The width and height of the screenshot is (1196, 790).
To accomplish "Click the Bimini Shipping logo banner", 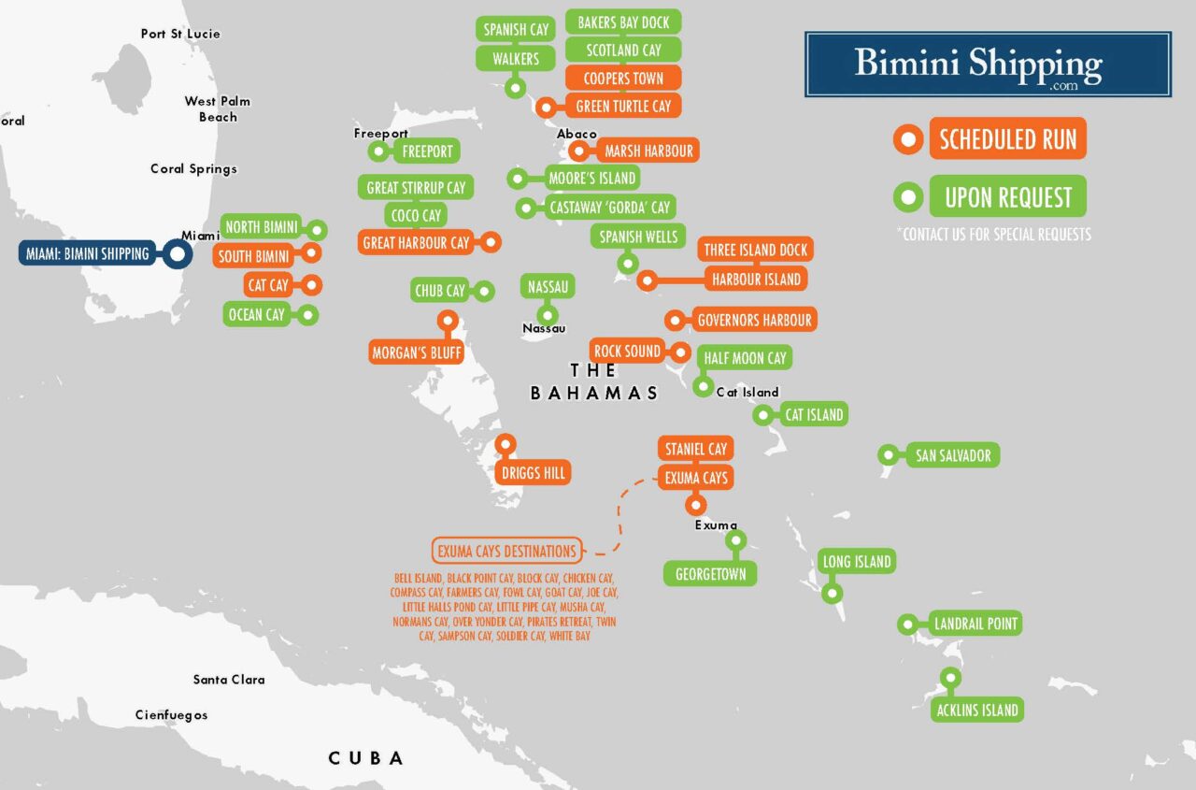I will pos(988,65).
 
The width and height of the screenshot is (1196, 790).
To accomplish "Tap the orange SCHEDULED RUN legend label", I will pos(1007,140).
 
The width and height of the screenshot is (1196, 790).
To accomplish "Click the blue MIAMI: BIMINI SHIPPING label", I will pos(87,253).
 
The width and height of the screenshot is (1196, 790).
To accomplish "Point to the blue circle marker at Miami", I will pos(176,253).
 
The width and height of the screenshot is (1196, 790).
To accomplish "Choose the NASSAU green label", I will pos(548,286).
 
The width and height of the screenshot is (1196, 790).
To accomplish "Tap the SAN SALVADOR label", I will pos(953,455).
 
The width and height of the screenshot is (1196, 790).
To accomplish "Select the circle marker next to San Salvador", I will pos(888,455).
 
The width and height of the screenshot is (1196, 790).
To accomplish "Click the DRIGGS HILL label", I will pos(534,473).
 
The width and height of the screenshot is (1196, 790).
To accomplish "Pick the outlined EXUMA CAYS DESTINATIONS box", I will pos(506,551).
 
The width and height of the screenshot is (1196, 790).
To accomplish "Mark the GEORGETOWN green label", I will pos(710,574).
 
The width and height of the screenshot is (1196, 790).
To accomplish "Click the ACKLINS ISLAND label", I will pos(977,710).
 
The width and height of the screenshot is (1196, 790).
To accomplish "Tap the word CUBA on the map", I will pos(366,758).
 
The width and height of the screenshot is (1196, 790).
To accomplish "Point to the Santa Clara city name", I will pos(229,680).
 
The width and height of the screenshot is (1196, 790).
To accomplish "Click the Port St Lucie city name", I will pos(180,34).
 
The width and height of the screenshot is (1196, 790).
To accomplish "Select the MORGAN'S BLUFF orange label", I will pos(416,352).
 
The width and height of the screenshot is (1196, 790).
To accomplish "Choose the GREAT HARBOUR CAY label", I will pos(416,243).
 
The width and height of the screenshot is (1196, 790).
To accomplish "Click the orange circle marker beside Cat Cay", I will pos(311,285).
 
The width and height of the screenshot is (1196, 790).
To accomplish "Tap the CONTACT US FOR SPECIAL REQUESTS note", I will pos(993,235).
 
